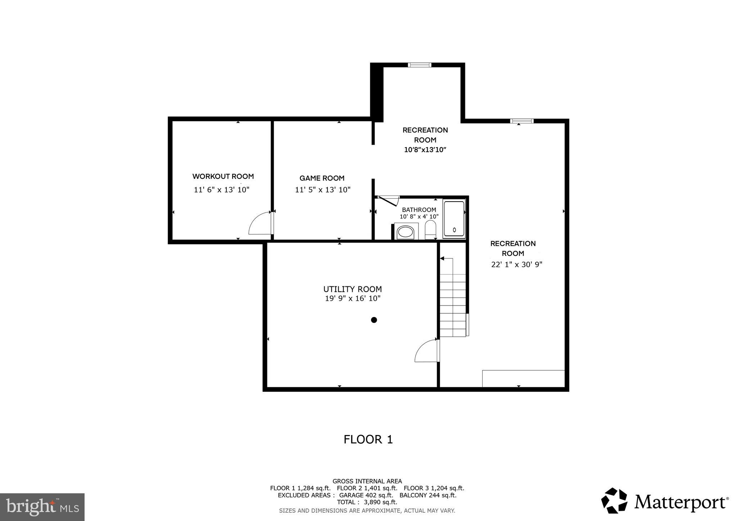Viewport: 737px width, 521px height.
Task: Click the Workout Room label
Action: (x=223, y=176)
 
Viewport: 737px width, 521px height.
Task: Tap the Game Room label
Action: (x=322, y=178)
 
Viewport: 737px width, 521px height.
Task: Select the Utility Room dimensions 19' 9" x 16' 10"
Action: (x=353, y=298)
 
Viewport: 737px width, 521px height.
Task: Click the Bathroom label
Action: (x=419, y=210)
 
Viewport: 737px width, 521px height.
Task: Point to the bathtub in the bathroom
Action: (x=454, y=219)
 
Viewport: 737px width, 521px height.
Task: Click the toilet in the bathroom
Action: (x=430, y=229)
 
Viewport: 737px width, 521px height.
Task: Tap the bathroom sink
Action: (x=406, y=231)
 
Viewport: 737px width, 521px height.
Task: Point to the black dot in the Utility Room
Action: (x=374, y=320)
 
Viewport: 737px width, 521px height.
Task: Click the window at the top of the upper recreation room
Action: (x=419, y=65)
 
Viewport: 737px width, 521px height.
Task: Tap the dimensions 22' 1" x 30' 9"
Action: (x=516, y=265)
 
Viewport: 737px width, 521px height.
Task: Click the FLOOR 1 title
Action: (x=368, y=439)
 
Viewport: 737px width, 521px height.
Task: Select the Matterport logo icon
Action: (x=614, y=500)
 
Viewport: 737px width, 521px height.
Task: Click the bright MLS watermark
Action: (x=42, y=507)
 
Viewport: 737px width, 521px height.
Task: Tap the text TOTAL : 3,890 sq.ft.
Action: (x=367, y=502)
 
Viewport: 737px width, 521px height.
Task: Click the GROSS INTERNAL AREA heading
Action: (x=367, y=481)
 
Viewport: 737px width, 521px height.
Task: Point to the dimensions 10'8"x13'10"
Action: (x=425, y=150)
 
